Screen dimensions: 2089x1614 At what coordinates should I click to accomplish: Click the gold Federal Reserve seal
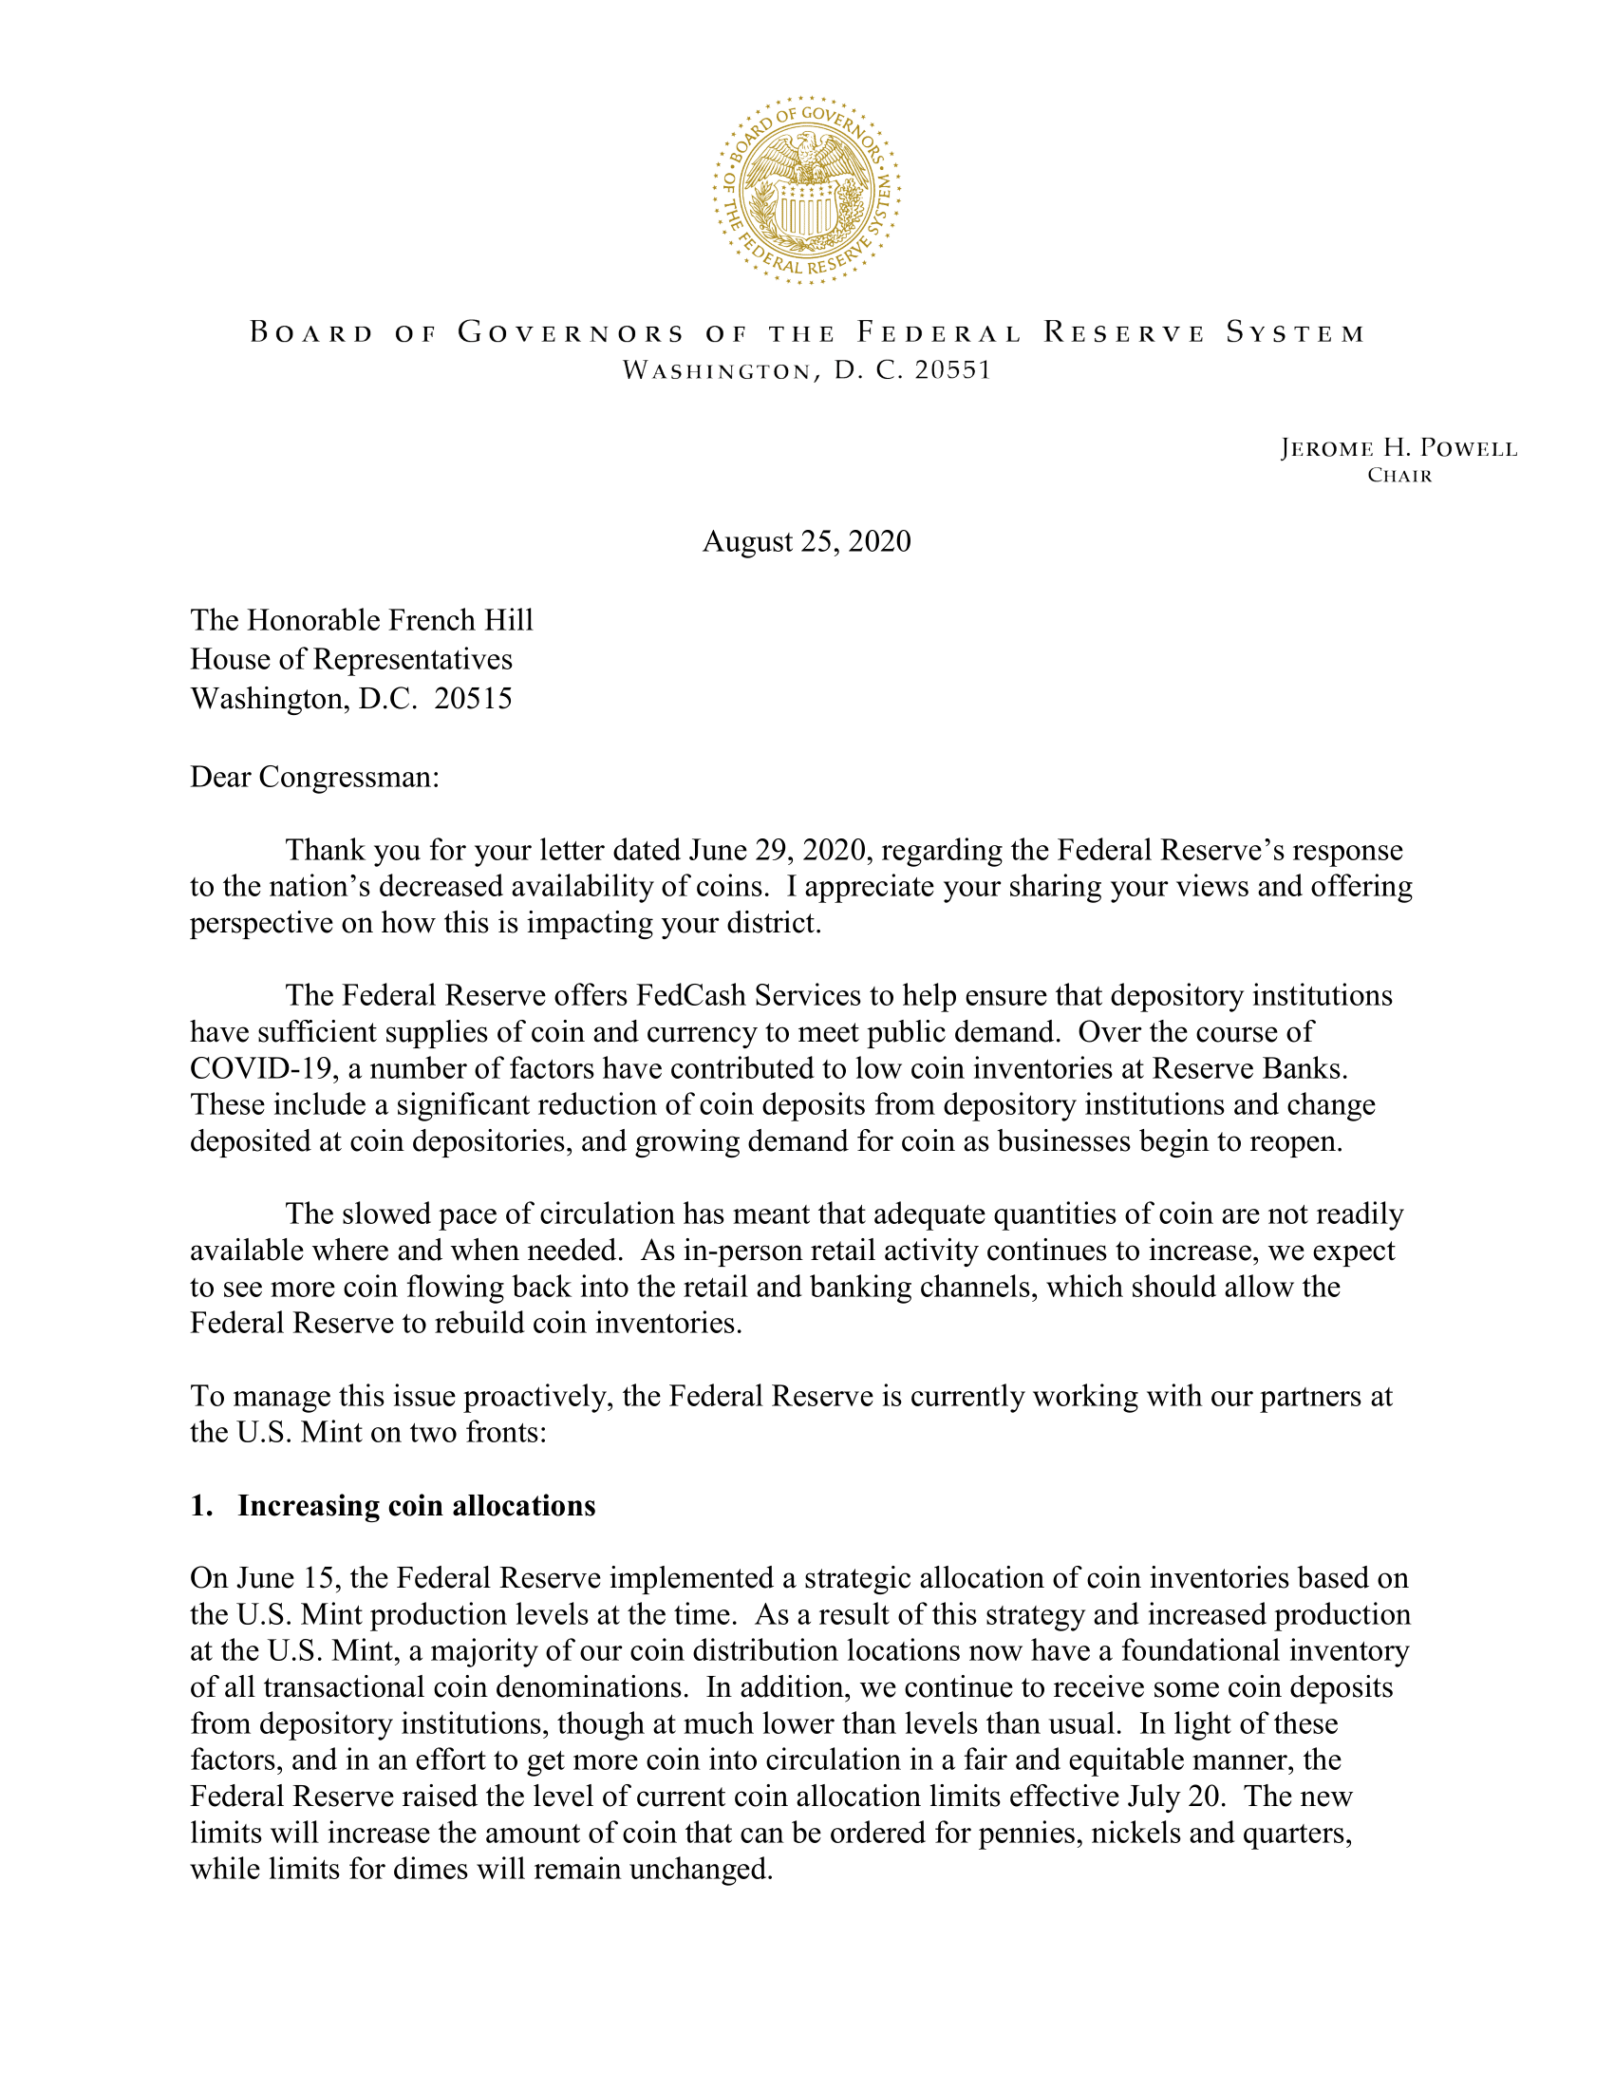(806, 190)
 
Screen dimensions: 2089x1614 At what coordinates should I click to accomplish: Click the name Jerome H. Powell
(1398, 448)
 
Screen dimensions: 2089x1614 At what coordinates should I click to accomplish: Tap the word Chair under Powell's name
(1399, 476)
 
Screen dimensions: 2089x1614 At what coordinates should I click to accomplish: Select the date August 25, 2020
(806, 541)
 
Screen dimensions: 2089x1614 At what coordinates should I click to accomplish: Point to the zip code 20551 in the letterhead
(952, 370)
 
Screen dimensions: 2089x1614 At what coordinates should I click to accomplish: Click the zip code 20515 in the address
(474, 698)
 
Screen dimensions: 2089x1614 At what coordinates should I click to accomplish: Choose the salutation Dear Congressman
(314, 776)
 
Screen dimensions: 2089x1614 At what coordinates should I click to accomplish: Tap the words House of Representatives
(351, 659)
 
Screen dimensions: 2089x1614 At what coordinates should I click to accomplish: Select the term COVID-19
(257, 1067)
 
